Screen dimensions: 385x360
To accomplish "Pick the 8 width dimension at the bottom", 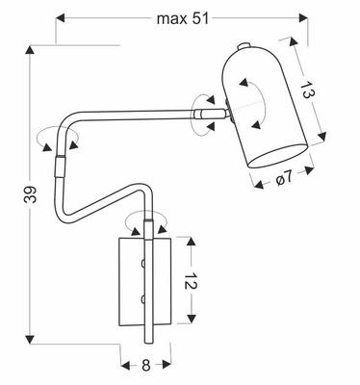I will coord(145,367).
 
